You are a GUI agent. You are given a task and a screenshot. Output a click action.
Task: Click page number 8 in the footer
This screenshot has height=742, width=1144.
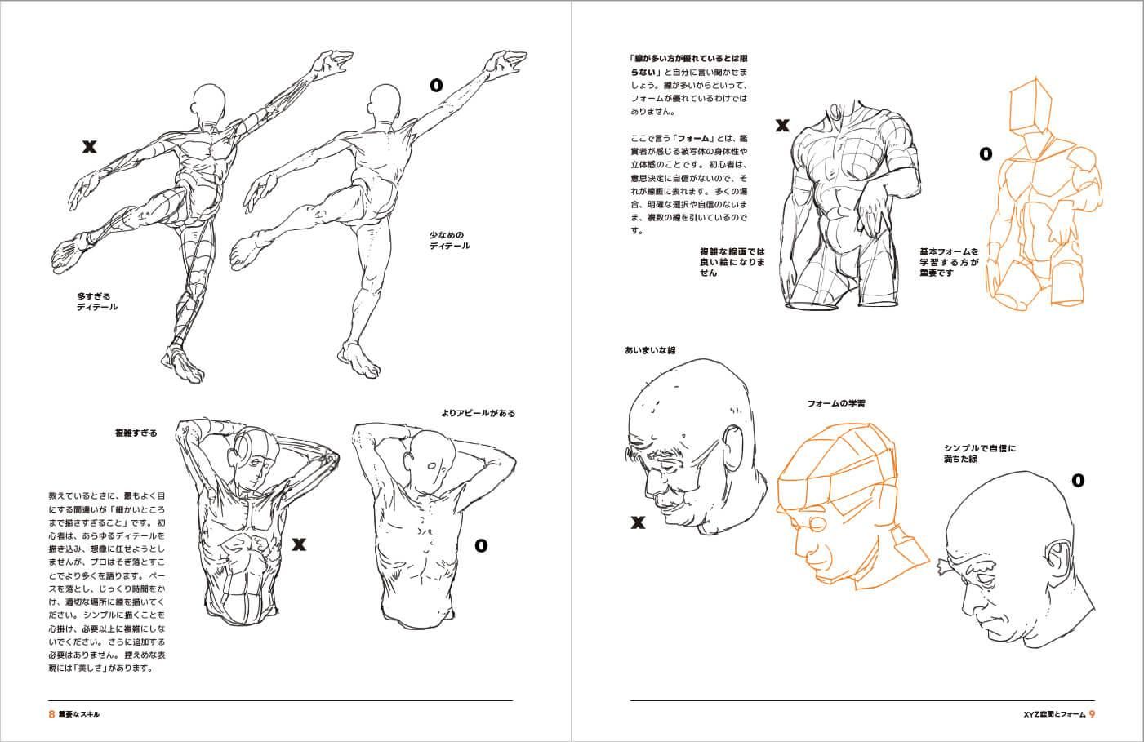pos(52,713)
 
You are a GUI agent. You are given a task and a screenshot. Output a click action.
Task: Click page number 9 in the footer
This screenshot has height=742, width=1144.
pos(1093,713)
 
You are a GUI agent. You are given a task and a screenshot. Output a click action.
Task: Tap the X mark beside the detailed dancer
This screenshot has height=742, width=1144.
pos(89,147)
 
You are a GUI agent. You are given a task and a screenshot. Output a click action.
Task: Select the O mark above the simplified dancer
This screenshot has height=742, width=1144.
pos(436,84)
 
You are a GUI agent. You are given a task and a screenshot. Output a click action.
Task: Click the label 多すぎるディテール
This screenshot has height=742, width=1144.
pos(97,301)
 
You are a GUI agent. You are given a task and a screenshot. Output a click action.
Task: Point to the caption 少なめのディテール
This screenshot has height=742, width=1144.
pos(449,240)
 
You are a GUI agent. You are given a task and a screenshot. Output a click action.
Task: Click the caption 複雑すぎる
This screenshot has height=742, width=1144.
pos(136,433)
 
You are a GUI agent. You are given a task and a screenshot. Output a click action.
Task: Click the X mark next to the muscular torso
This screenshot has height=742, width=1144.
pos(781,126)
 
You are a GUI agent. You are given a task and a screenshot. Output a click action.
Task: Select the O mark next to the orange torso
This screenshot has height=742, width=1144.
pos(986,153)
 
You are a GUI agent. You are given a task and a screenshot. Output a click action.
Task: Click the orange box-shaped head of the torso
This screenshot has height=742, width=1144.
pos(1030,108)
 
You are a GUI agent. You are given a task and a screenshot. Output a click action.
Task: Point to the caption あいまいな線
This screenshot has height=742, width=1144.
pos(649,350)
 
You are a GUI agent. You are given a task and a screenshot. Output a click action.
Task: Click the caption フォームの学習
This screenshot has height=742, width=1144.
pos(836,403)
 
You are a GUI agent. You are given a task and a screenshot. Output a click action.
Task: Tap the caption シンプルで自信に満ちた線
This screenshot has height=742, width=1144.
pos(979,454)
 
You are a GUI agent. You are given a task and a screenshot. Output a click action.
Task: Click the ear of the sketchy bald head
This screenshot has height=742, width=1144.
pos(735,447)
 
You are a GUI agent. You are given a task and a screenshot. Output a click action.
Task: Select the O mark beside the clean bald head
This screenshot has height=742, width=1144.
pos(1077,480)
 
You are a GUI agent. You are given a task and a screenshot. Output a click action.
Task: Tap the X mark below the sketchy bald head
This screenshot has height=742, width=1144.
pos(638,522)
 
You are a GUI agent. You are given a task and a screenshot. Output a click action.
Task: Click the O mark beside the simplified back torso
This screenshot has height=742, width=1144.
pos(481,544)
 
